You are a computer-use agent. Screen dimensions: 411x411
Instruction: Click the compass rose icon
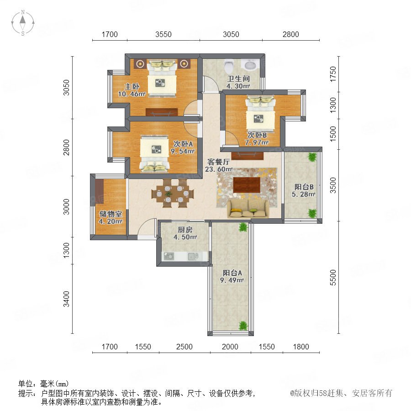click(x=23, y=23)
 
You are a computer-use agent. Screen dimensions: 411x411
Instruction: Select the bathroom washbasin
click(x=250, y=65)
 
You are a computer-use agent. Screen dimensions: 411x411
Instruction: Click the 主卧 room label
click(x=132, y=86)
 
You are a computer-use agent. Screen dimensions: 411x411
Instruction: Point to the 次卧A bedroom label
click(x=183, y=144)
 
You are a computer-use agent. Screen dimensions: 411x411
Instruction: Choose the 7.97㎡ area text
click(x=257, y=142)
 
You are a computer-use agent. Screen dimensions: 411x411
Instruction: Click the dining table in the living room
click(x=173, y=194)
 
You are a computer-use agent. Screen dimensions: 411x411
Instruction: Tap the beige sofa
click(x=248, y=208)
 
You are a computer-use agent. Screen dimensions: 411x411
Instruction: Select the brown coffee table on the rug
click(x=247, y=184)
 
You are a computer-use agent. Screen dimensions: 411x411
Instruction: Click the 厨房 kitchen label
click(x=185, y=230)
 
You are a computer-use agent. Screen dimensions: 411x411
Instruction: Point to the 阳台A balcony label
click(x=232, y=273)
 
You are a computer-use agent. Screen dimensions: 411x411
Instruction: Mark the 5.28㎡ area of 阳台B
click(x=304, y=194)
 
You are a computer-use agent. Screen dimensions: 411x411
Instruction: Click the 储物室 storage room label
click(x=111, y=214)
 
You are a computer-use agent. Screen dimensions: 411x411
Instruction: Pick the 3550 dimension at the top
click(x=163, y=34)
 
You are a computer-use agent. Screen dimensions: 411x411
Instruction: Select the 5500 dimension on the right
click(x=332, y=277)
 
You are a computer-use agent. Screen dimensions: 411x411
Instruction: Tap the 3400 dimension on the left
click(x=67, y=299)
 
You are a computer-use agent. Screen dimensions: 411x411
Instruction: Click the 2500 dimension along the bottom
click(x=184, y=347)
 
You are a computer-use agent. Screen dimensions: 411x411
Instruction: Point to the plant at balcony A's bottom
click(x=243, y=326)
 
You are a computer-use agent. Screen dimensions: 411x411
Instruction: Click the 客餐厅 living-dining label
click(x=219, y=162)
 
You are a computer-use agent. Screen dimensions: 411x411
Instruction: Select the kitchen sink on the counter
click(x=193, y=256)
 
